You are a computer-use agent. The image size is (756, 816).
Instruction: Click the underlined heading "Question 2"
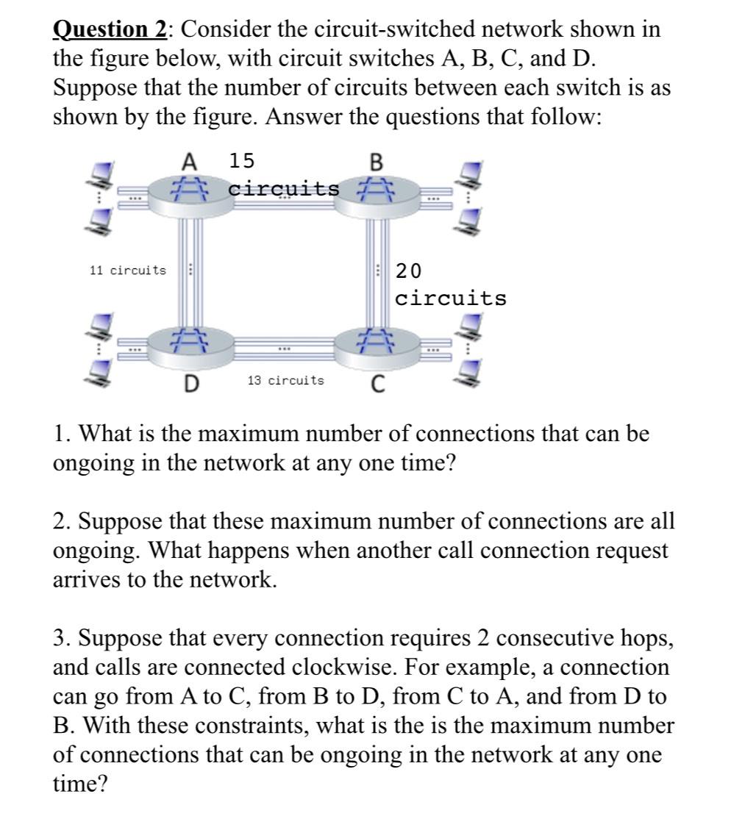point(110,30)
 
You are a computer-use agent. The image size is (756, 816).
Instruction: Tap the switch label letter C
point(377,383)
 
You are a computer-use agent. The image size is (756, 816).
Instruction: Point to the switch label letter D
point(190,383)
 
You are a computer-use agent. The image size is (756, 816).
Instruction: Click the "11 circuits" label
point(127,271)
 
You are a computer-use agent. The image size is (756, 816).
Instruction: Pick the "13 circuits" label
point(285,380)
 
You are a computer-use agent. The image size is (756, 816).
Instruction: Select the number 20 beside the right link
point(409,271)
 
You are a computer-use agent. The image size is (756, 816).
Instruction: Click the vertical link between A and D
point(190,268)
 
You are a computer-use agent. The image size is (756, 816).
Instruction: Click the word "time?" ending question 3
point(80,784)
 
